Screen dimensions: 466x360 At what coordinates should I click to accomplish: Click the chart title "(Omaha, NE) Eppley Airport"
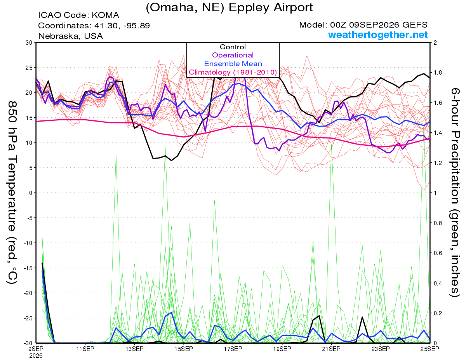coord(229,8)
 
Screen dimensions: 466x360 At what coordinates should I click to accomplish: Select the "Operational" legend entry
coord(233,55)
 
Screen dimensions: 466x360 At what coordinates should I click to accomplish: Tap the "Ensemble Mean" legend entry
coord(233,64)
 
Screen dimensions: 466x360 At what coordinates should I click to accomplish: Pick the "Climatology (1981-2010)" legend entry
coord(233,72)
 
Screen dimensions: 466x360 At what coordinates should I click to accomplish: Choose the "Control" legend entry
coord(233,47)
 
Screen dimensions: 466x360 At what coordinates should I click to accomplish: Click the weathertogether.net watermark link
coord(378,35)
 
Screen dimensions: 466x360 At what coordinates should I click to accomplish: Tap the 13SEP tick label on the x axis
coord(134,349)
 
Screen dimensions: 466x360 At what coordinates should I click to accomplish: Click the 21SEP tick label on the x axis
coord(331,349)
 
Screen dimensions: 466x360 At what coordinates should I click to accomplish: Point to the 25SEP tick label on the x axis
coord(429,349)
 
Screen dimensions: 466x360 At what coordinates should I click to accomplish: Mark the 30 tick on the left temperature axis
coord(29,43)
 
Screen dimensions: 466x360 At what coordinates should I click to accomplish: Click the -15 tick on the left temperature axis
coord(28,268)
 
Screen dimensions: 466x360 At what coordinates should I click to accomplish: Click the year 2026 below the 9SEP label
coord(36,356)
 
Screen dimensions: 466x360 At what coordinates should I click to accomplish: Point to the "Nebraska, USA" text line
coord(70,36)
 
